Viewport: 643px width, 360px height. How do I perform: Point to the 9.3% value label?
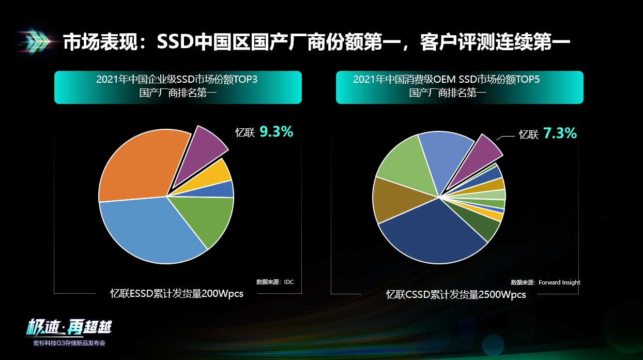(276, 132)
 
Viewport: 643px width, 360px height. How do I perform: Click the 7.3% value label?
(560, 133)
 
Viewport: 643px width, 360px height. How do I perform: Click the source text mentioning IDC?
(274, 282)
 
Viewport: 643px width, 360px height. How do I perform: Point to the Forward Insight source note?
(545, 282)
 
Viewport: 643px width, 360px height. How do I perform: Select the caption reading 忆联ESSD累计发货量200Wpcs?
(177, 294)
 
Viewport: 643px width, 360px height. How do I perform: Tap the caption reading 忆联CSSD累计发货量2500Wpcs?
(456, 294)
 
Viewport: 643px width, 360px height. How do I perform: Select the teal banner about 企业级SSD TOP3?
(177, 87)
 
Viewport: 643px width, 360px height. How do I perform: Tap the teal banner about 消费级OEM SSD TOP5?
(460, 87)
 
